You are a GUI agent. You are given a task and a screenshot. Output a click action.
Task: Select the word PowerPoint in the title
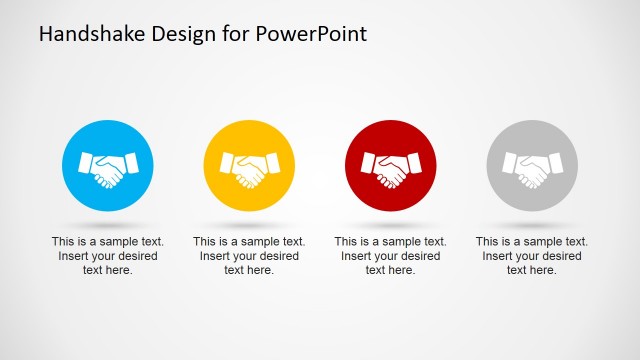[x=312, y=33]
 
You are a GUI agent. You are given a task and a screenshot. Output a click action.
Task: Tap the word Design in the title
[x=179, y=33]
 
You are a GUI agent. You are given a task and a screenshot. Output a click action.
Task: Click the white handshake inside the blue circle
[x=108, y=168]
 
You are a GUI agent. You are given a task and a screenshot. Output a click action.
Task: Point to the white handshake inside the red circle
[x=390, y=168]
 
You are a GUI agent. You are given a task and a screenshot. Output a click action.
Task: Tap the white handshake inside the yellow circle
[x=249, y=168]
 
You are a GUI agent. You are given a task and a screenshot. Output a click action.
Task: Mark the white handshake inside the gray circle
[x=531, y=168]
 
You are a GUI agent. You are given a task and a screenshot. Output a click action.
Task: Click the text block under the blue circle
[x=108, y=256]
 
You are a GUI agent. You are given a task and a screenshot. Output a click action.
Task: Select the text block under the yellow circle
[x=249, y=256]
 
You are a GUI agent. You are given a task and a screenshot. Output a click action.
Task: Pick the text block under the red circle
[x=390, y=256]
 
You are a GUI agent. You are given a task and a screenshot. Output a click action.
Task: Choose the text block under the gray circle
[x=531, y=256]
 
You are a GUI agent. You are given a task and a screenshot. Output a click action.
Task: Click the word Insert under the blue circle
[x=74, y=256]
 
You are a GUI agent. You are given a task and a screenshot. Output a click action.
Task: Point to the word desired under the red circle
[x=419, y=256]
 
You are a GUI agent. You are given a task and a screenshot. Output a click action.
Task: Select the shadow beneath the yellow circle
[x=249, y=224]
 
